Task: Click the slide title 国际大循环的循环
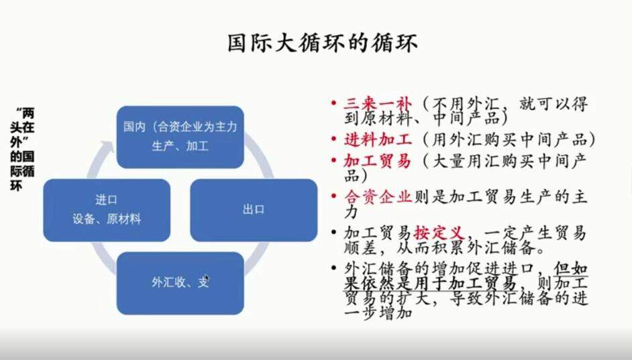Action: [323, 44]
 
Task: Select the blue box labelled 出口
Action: [254, 210]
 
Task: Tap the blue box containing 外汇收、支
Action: [180, 283]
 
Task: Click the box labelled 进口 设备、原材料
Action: [107, 210]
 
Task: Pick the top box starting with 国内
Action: [180, 137]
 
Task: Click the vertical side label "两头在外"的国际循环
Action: [22, 149]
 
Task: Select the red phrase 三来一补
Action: [378, 105]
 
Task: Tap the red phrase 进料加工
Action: [378, 139]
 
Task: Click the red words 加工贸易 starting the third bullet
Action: [377, 161]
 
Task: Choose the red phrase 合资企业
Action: [378, 197]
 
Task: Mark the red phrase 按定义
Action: [439, 233]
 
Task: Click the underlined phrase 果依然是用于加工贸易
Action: [430, 284]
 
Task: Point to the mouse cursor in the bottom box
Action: [207, 278]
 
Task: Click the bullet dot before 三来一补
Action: [333, 103]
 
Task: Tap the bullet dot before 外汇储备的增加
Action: [333, 267]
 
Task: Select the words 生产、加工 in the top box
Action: [180, 145]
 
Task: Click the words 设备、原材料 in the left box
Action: [107, 219]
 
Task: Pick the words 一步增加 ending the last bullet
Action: [378, 313]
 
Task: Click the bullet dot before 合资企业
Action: [333, 196]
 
